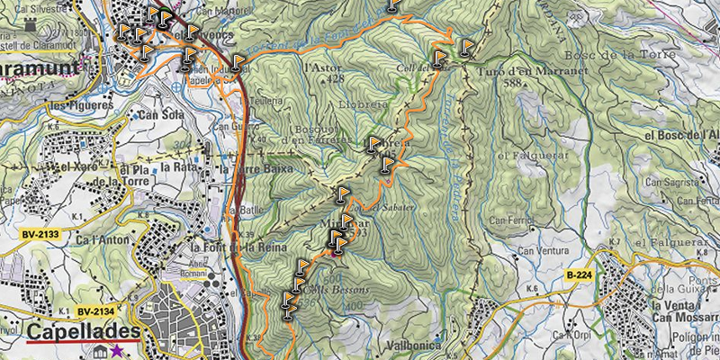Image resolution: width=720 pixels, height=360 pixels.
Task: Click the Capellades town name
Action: (x=84, y=333)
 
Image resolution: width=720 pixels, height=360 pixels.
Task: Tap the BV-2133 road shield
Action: (x=39, y=234)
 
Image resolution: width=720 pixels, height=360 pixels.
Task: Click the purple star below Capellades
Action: (x=117, y=351)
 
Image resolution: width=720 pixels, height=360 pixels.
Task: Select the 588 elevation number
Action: (x=514, y=84)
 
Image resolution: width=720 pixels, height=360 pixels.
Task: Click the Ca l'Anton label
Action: (x=99, y=240)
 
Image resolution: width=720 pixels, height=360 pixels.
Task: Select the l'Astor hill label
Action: (x=326, y=67)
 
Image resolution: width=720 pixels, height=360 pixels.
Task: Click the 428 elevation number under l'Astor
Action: (x=336, y=79)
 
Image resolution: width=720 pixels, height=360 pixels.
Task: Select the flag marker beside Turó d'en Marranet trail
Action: (x=465, y=47)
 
